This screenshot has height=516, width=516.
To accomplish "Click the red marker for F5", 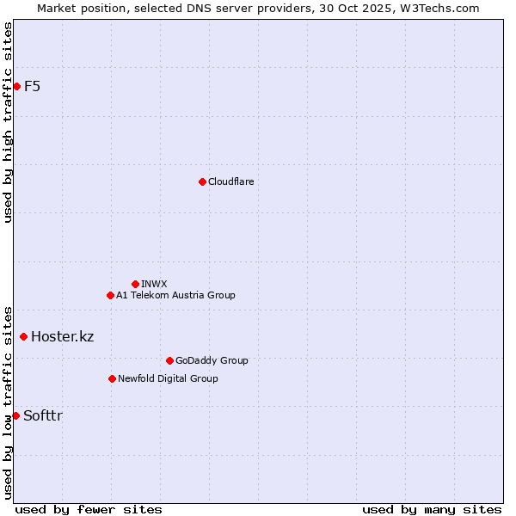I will tap(16, 86).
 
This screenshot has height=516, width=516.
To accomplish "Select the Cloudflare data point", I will tap(202, 181).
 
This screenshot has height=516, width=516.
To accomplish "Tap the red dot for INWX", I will tap(135, 284).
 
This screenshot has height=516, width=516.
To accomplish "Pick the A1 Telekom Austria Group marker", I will tap(110, 295).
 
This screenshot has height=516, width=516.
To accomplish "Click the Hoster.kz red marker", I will tap(23, 336).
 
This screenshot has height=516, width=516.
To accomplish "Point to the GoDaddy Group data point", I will tap(169, 360).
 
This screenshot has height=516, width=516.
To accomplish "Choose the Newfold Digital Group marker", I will tap(112, 378).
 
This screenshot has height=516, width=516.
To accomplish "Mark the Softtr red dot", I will tap(15, 415).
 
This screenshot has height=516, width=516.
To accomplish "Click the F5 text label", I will tap(32, 86).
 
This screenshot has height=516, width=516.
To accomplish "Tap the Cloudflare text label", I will tap(230, 181).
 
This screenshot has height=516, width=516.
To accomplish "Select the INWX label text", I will tap(154, 284).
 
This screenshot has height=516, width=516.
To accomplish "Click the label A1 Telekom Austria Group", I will tap(175, 295).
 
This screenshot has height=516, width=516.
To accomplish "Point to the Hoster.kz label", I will tap(62, 336).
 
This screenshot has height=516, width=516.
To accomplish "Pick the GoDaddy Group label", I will tap(212, 360).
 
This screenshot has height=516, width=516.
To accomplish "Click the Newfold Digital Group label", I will tap(168, 378).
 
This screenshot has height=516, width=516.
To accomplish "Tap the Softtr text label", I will tap(43, 415).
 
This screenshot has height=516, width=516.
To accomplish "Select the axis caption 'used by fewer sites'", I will tap(89, 509).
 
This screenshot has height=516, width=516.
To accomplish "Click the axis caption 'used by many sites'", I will tap(432, 509).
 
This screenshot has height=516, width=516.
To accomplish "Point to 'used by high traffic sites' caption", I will tap(8, 122).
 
